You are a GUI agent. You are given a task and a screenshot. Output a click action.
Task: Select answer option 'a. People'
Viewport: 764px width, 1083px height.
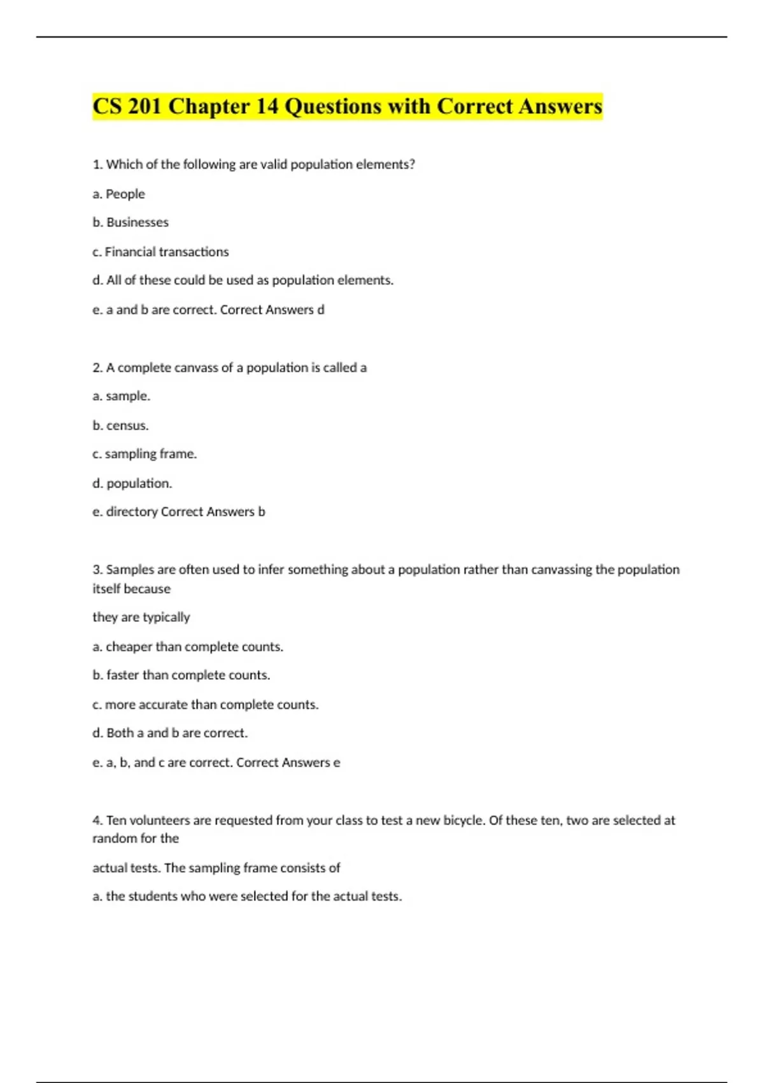click(x=119, y=194)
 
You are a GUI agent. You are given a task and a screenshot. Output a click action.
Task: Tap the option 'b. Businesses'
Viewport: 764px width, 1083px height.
click(x=131, y=222)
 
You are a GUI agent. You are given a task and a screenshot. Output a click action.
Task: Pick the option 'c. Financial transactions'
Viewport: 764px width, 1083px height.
click(x=160, y=252)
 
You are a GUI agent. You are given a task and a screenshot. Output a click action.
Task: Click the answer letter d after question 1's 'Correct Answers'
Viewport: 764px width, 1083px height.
click(x=321, y=310)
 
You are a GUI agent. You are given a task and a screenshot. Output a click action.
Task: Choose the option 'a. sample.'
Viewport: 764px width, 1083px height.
click(x=122, y=396)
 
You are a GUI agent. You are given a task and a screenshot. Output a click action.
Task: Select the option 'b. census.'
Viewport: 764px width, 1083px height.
click(x=120, y=426)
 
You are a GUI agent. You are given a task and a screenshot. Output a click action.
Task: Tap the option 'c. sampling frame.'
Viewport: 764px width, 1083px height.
click(x=145, y=454)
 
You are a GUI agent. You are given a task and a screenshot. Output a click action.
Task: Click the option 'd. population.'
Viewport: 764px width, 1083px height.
click(x=132, y=484)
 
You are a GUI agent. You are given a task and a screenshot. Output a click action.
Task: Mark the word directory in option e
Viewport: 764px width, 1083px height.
click(x=132, y=512)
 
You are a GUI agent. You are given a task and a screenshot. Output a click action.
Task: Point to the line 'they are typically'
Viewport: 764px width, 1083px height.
click(x=141, y=617)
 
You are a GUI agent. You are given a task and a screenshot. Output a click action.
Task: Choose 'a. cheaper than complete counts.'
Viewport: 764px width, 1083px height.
click(x=188, y=647)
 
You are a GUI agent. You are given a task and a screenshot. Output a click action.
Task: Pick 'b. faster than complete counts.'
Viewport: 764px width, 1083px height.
click(x=181, y=675)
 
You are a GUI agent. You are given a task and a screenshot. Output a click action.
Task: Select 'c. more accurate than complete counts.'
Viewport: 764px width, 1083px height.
click(x=206, y=705)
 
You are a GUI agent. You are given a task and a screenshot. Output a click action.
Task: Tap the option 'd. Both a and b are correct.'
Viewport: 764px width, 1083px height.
click(x=170, y=733)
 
